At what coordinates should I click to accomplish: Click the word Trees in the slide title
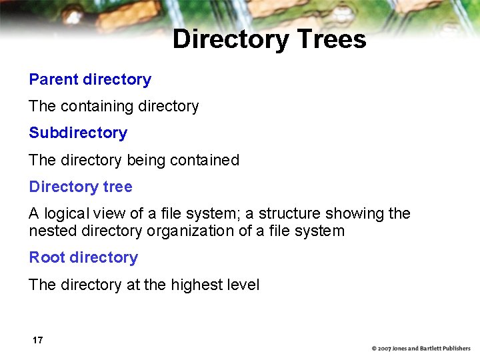pyautogui.click(x=331, y=39)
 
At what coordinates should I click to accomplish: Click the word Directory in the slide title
pyautogui.click(x=230, y=39)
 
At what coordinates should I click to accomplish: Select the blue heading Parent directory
pyautogui.click(x=90, y=79)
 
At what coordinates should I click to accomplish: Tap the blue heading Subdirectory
pyautogui.click(x=78, y=133)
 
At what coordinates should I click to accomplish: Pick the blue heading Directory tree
pyautogui.click(x=81, y=187)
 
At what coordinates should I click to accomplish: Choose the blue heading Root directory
pyautogui.click(x=83, y=257)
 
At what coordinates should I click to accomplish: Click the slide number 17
pyautogui.click(x=37, y=340)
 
